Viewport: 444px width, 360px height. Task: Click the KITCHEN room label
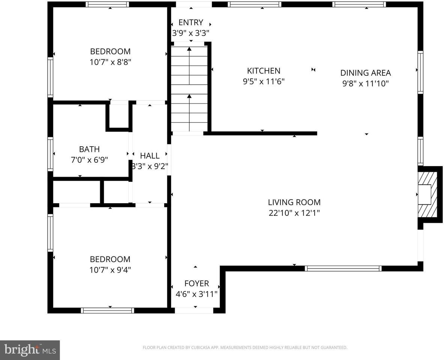[x=264, y=70]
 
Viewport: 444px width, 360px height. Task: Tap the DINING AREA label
[x=365, y=73]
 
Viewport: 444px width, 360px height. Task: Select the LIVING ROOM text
[x=294, y=202]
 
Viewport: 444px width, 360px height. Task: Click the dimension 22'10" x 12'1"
[x=294, y=213]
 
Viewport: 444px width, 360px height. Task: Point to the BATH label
[x=89, y=149]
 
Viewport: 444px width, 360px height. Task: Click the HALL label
[x=150, y=156]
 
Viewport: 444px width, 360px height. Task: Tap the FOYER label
[x=196, y=283]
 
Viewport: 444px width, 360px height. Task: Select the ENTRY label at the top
[x=190, y=22]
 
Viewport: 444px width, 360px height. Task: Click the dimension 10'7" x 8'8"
[x=110, y=62]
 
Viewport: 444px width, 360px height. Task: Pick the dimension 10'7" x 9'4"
[x=110, y=270]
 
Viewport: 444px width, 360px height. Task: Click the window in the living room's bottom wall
[x=343, y=268]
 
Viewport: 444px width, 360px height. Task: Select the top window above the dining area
[x=359, y=4]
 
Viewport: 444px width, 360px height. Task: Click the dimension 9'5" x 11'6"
[x=264, y=81]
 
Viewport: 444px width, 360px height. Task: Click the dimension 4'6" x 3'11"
[x=196, y=294]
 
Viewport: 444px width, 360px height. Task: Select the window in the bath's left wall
[x=50, y=154]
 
